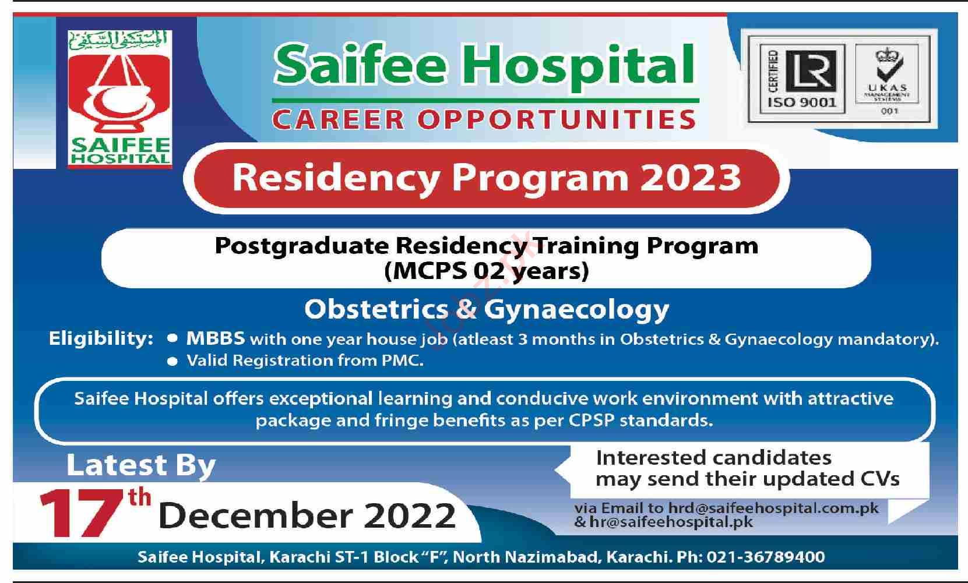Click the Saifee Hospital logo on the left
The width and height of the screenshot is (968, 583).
coord(119,98)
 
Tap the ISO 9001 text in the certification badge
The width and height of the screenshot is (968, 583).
coord(802,103)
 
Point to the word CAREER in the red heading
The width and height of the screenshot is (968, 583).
coord(338,119)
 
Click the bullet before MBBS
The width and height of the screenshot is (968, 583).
coord(173,338)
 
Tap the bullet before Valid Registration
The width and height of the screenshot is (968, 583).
coord(173,362)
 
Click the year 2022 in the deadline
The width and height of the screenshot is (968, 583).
coord(409,515)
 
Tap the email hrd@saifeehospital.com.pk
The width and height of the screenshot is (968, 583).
coord(773,508)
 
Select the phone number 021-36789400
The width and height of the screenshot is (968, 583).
coord(765,557)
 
